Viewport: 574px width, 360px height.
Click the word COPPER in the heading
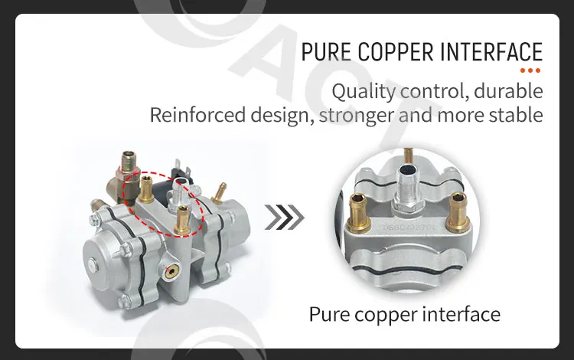(x=389, y=52)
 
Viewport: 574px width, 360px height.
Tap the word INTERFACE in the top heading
(x=490, y=52)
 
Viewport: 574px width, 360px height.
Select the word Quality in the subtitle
(x=361, y=91)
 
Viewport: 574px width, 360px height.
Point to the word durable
(x=509, y=91)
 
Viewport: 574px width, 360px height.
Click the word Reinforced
(x=193, y=116)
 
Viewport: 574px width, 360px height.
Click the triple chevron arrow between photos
(x=284, y=217)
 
